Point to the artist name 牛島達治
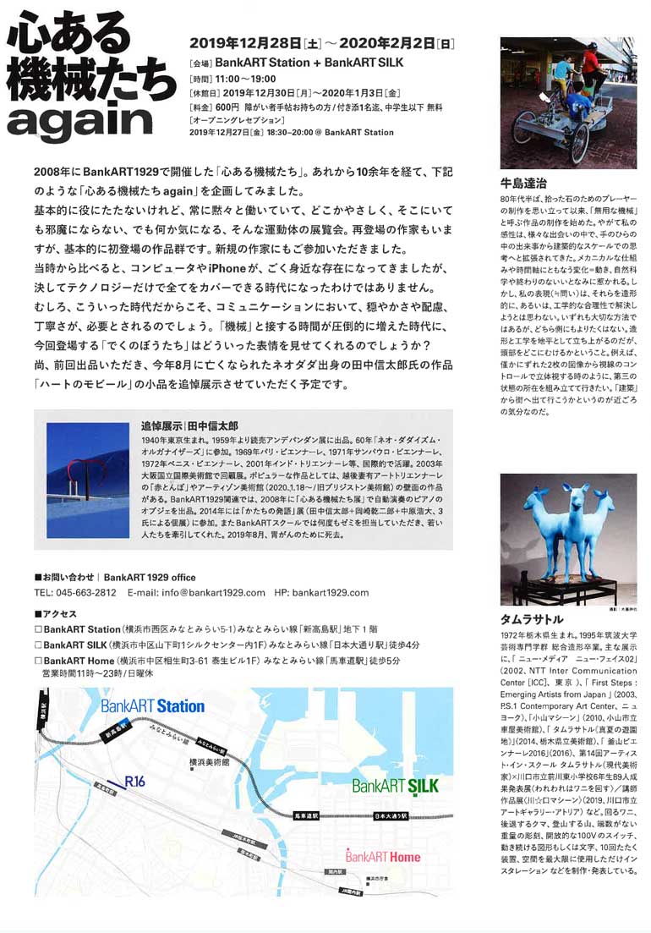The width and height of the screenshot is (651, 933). tap(525, 182)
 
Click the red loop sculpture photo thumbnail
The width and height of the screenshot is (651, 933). tap(87, 480)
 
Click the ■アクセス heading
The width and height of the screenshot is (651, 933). tap(56, 612)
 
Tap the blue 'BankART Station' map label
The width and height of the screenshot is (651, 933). tap(152, 705)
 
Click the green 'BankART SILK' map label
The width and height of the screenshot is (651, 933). tap(395, 785)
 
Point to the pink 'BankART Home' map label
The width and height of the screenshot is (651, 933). tap(382, 856)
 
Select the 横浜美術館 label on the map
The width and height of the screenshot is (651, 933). tap(211, 760)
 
